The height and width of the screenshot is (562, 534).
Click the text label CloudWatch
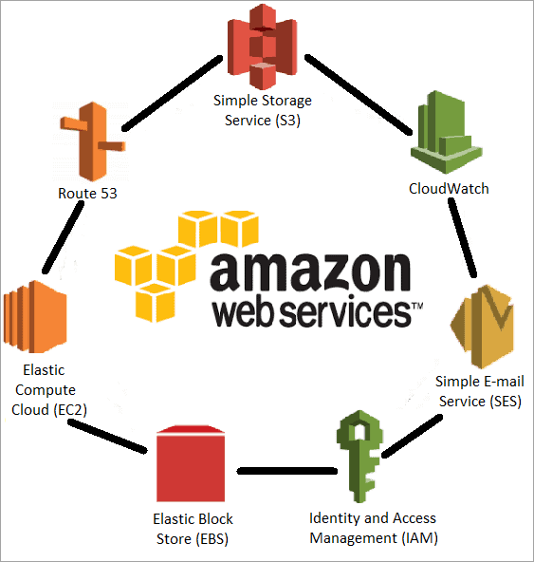click(x=449, y=188)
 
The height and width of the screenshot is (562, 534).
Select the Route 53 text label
click(x=87, y=194)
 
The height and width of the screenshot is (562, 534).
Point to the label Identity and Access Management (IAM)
click(x=373, y=528)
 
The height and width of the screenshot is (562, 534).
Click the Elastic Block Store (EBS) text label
click(x=193, y=529)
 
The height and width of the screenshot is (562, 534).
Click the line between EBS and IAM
click(x=285, y=470)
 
